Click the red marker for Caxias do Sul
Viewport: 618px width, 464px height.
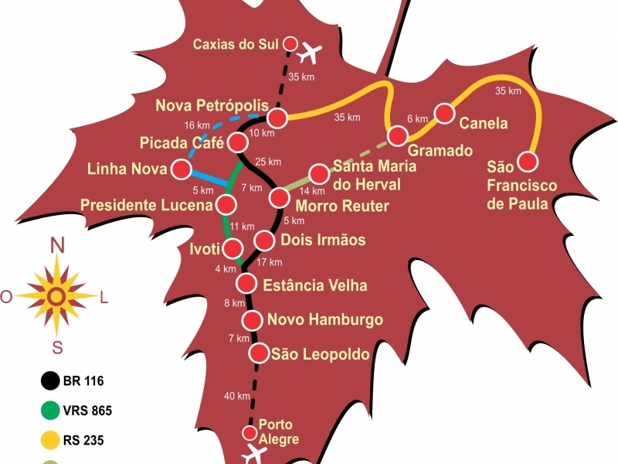coord(291,43)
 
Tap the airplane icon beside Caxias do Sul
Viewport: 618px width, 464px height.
coord(310,53)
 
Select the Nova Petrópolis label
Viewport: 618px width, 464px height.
coord(212,105)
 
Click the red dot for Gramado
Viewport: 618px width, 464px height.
coord(398,136)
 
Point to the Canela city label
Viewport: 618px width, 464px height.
coord(484,123)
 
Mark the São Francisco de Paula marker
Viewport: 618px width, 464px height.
coord(528,161)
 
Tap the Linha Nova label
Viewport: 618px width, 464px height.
coord(128,168)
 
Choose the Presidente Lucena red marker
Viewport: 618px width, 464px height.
coord(226,204)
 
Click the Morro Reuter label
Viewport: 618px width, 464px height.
coord(342,206)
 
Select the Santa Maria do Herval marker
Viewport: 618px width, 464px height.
coord(319,174)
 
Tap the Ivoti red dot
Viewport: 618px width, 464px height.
coord(232,248)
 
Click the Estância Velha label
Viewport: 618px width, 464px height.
coord(315,285)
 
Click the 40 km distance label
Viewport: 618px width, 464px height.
coord(236,396)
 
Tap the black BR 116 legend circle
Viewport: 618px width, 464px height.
coord(51,380)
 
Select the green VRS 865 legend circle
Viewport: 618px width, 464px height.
coord(51,411)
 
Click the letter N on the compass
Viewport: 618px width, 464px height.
coord(56,246)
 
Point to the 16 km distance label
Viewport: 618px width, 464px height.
coord(197,125)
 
